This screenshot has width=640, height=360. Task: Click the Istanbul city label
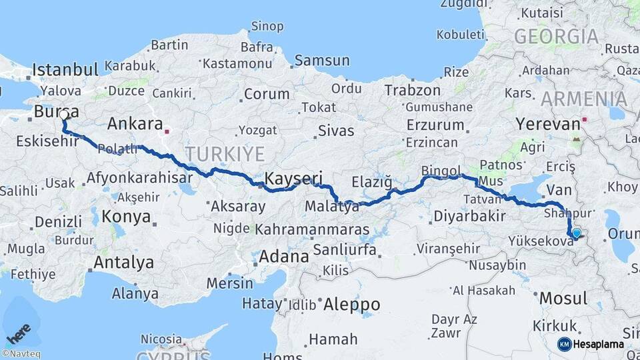65,69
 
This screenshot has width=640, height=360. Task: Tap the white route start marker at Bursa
64,115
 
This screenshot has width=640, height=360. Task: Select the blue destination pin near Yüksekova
576,233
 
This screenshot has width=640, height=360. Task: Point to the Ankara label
135,124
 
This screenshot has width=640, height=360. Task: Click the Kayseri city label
294,179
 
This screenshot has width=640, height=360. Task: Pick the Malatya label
331,207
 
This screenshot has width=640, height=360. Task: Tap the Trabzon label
413,91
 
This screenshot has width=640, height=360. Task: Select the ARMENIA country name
583,99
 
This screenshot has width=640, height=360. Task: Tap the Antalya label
123,263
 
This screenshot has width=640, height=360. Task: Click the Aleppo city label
351,305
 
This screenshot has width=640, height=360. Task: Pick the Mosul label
563,298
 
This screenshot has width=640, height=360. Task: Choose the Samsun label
322,61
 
